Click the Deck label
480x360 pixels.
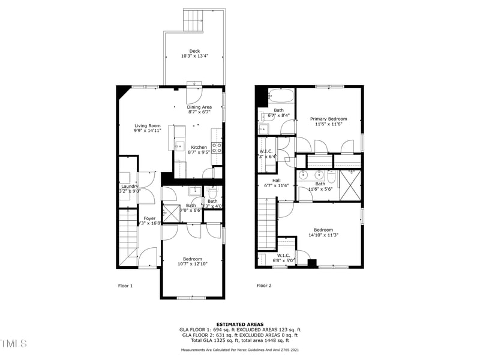pyautogui.click(x=194, y=51)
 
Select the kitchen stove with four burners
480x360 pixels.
pyautogui.click(x=217, y=147)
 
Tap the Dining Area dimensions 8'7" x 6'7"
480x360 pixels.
pyautogui.click(x=199, y=112)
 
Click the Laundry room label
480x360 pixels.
pyautogui.click(x=130, y=186)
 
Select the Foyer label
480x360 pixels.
pyautogui.click(x=149, y=218)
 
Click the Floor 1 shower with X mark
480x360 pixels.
pyautogui.click(x=171, y=212)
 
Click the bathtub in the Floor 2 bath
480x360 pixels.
pyautogui.click(x=280, y=96)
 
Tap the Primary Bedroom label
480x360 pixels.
pyautogui.click(x=328, y=119)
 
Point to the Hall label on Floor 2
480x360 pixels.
pyautogui.click(x=276, y=180)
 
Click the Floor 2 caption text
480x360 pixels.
pyautogui.click(x=264, y=286)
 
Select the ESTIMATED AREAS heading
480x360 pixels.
pyautogui.click(x=240, y=324)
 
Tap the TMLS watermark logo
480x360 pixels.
pyautogui.click(x=13, y=344)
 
